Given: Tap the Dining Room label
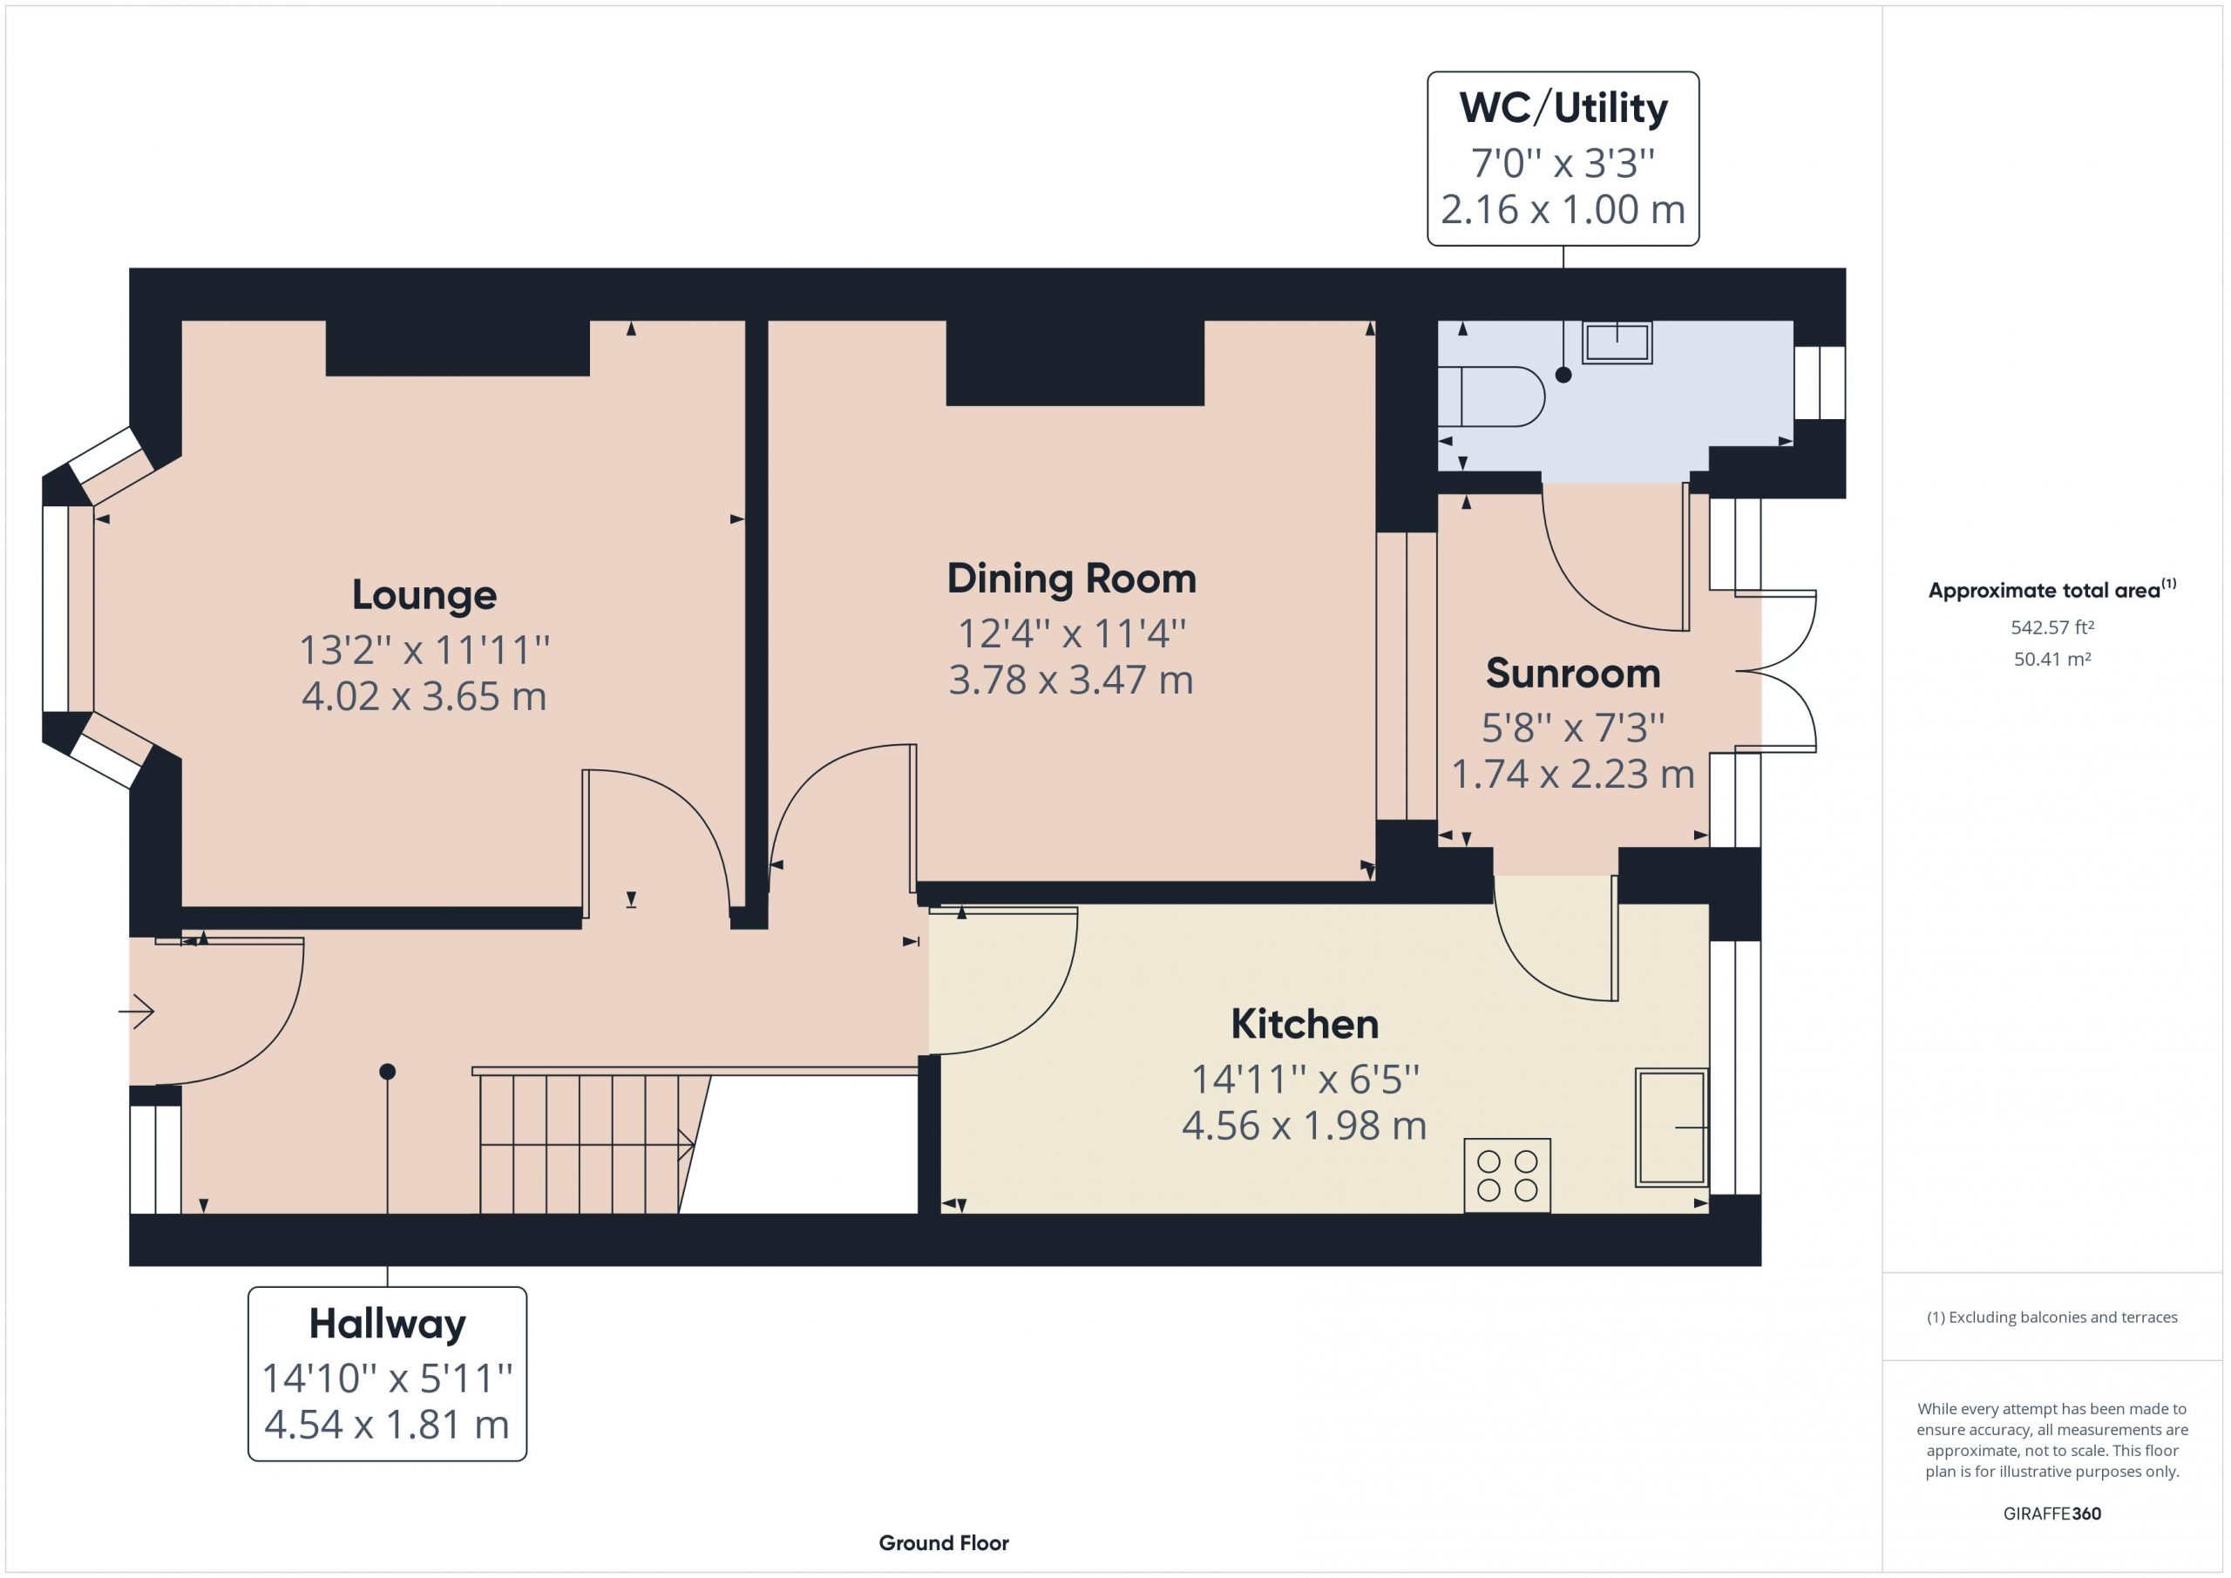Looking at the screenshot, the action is pos(1072,579).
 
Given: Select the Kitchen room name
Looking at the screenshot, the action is pos(1305,1024).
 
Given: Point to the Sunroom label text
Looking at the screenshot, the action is pos(1573,674).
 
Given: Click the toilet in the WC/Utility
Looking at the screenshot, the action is pos(1490,396).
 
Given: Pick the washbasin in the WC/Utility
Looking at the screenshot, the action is pos(1617,343).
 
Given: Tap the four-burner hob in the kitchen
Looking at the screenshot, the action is pos(1507,1175).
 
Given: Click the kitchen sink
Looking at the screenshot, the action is pos(1672,1128).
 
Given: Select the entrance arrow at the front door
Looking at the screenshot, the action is pos(136,1012).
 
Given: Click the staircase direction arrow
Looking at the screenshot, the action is pos(587,1145).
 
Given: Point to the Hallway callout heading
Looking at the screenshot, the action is pos(388,1324).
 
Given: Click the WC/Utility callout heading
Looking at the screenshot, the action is pos(1563,108).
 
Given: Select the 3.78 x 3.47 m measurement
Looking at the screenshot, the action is pos(1071,681).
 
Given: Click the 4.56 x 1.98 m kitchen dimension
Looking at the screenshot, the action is pos(1304,1126).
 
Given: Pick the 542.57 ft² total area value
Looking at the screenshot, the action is pos(2052,627).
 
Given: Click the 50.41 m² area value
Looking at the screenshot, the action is pos(2052,659).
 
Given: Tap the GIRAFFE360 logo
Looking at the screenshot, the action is pos(2052,1514).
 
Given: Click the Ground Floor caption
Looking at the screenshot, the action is pos(944,1543).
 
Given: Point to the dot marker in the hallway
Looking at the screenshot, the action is pos(388,1072).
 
